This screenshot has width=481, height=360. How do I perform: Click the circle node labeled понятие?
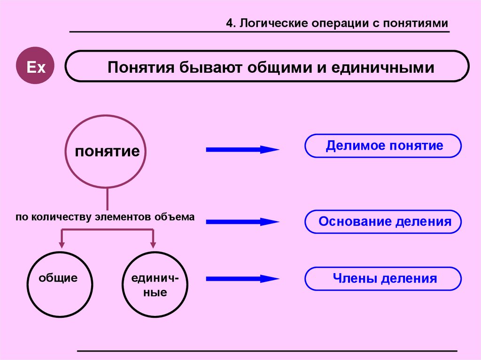click(x=108, y=152)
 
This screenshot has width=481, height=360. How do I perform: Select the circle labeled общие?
click(x=58, y=285)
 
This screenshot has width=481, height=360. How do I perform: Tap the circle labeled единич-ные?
click(x=155, y=285)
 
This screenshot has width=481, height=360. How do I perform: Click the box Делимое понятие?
click(x=383, y=146)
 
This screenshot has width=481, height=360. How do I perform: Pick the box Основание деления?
click(x=383, y=222)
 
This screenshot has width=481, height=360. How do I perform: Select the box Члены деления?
click(x=383, y=279)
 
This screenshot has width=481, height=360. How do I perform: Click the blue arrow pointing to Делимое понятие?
click(x=242, y=150)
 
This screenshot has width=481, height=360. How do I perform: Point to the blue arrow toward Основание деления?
click(x=242, y=222)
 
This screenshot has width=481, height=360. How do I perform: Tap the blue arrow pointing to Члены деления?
click(x=242, y=279)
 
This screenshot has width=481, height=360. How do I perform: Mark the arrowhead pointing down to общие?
click(x=62, y=245)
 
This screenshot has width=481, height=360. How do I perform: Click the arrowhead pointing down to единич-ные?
click(x=153, y=245)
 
